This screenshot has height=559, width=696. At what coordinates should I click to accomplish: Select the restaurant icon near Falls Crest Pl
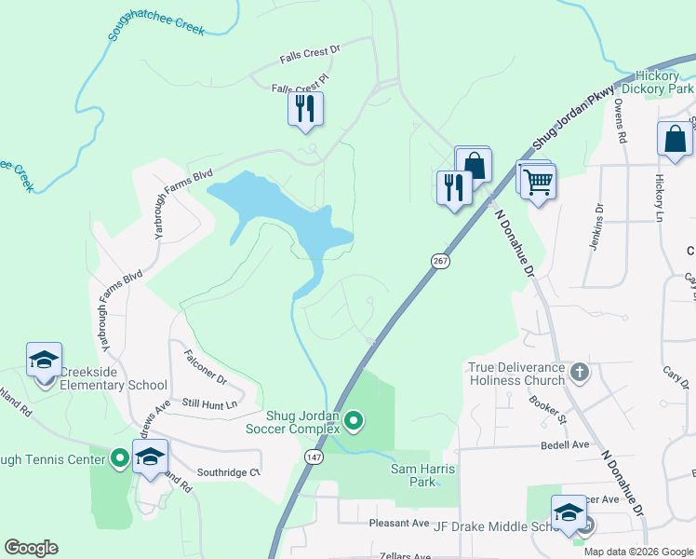point(305,110)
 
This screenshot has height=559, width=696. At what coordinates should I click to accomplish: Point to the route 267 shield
point(440,262)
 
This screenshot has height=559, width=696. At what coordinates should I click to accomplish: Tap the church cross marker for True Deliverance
point(580,373)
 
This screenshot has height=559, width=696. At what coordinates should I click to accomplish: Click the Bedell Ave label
point(565,445)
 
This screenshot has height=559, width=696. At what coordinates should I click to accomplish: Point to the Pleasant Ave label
point(399,524)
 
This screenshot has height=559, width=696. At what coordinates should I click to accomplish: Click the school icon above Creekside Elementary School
point(44,360)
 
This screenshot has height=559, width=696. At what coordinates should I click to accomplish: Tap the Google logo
point(32,548)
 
